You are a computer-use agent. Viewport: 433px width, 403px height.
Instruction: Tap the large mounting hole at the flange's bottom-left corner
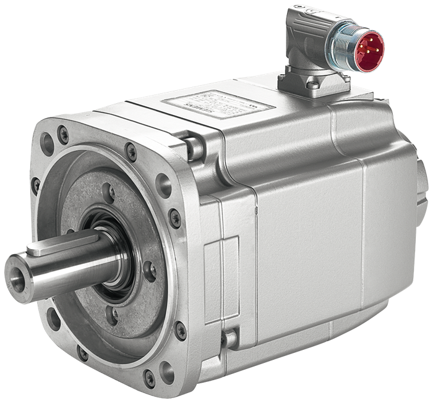(54, 320)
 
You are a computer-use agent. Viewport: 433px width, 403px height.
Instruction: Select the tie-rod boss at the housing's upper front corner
(194, 146)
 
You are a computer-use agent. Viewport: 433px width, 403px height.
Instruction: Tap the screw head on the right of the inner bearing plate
(148, 266)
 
